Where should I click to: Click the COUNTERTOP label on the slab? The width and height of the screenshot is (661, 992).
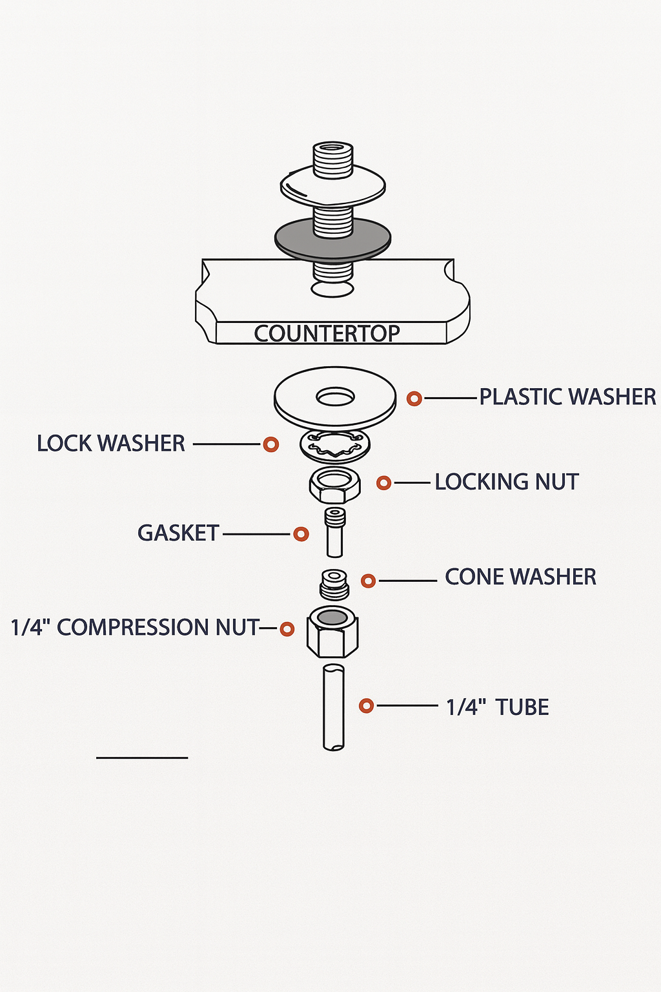(x=327, y=333)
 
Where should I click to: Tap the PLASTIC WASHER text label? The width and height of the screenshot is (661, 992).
(x=567, y=397)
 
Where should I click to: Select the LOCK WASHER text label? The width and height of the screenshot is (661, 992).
(x=111, y=444)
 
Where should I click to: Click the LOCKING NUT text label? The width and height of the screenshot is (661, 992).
(x=506, y=482)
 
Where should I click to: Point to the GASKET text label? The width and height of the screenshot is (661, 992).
(x=178, y=533)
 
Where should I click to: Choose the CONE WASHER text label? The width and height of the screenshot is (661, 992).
(x=520, y=577)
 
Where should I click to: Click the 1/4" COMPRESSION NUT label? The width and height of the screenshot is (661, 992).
(x=135, y=627)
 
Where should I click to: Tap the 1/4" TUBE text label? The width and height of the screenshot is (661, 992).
(x=497, y=707)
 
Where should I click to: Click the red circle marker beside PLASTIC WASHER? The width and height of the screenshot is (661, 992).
(x=414, y=398)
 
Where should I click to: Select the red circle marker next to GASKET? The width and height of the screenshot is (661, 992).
(x=301, y=534)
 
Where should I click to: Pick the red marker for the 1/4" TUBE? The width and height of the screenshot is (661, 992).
(x=367, y=706)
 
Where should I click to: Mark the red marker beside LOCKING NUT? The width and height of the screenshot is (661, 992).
(x=383, y=482)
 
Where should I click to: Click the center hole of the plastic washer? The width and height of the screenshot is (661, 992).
(x=335, y=397)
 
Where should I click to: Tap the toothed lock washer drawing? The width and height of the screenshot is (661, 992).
(x=335, y=446)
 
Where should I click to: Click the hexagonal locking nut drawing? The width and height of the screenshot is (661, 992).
(x=334, y=486)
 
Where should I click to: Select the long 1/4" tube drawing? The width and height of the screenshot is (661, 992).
(x=333, y=707)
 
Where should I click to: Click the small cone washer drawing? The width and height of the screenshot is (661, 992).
(x=334, y=584)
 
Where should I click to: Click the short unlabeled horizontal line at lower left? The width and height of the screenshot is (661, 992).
(x=142, y=758)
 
